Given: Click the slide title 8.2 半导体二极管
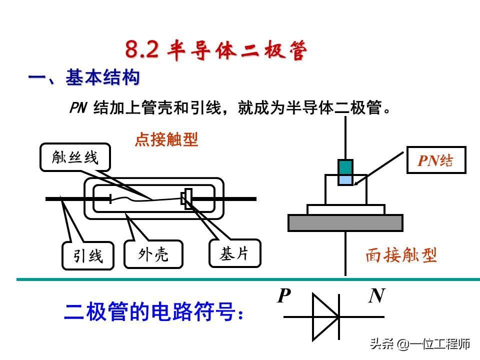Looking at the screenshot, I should click(x=215, y=50).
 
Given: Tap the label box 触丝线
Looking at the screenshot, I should click(x=75, y=158).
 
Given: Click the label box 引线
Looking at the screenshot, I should click(x=88, y=256).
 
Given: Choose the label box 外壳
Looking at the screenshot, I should click(x=153, y=254).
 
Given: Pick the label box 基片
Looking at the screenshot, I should click(x=234, y=253).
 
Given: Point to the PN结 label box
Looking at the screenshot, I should click(x=436, y=160).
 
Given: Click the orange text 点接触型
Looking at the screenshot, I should click(x=166, y=140).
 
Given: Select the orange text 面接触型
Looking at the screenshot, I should click(x=401, y=255).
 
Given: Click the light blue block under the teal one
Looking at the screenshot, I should click(x=345, y=179).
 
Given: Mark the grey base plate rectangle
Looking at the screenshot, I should click(x=345, y=222).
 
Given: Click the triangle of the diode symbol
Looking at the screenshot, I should click(x=325, y=316).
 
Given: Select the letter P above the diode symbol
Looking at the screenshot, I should click(x=283, y=296).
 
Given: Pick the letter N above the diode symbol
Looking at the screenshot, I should click(x=376, y=296).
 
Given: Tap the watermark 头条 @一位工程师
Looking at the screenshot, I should click(x=420, y=344).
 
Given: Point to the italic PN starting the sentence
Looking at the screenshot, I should click(x=78, y=108).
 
